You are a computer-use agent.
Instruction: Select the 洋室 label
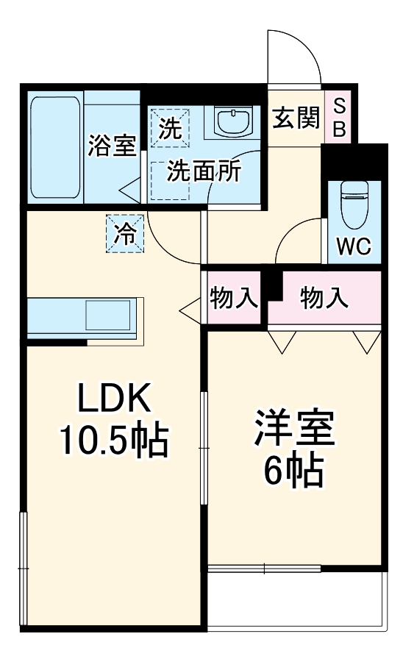(294, 429)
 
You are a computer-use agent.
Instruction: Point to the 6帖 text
(294, 471)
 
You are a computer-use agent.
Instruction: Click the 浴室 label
(112, 146)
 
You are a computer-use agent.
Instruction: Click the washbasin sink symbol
(234, 122)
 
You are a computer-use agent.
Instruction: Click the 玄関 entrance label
(295, 118)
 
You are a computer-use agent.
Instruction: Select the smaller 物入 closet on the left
(234, 298)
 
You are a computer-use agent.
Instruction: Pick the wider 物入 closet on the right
(324, 298)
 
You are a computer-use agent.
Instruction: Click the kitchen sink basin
(107, 316)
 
